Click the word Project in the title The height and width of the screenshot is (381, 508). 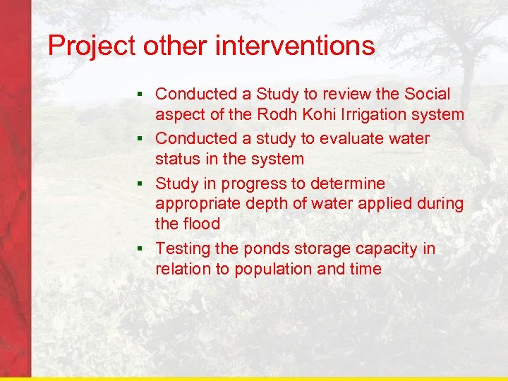click(x=92, y=47)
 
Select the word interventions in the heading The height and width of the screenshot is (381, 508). click(x=295, y=46)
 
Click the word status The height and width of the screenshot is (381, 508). click(x=178, y=159)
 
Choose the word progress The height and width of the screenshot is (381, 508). click(x=253, y=184)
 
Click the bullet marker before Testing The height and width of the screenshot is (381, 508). click(x=141, y=249)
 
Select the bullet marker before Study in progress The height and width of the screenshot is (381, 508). click(x=141, y=183)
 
